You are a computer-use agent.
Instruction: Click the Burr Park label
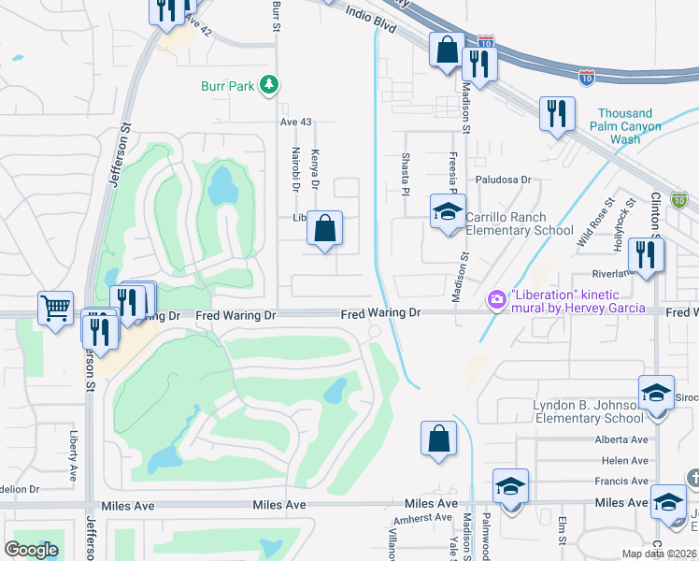pos(228,86)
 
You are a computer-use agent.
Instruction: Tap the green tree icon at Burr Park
pos(269,85)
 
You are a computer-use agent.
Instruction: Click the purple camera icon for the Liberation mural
pos(497,299)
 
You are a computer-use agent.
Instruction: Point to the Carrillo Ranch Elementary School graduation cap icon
pos(448,210)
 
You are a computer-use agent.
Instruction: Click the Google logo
pos(31,550)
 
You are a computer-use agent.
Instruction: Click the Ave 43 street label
pos(295,122)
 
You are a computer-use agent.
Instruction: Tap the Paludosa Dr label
pos(502,179)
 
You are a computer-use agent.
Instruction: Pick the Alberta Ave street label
pos(621,439)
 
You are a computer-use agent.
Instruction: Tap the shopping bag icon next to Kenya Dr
pos(324,228)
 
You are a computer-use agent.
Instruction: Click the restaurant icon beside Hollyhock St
pos(646,254)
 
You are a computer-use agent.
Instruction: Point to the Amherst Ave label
pos(424,518)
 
